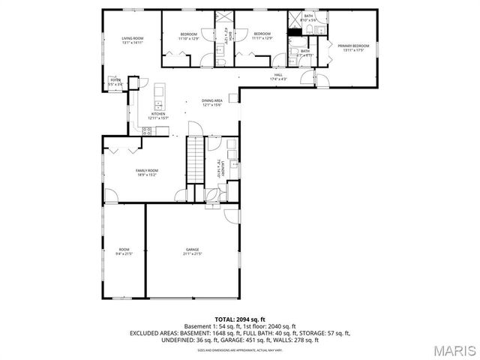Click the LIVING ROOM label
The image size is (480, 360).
tap(133, 40)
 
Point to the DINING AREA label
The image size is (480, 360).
tap(212, 102)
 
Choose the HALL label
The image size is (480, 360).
tap(277, 76)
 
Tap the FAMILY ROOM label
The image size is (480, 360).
tap(146, 172)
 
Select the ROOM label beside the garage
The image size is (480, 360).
tap(124, 250)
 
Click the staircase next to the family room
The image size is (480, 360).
tap(195, 159)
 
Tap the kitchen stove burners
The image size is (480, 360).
tap(148, 130)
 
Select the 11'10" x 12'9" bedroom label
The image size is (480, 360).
tap(188, 35)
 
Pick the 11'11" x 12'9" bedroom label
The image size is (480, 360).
tap(261, 35)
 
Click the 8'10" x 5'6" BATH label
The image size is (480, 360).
tap(308, 17)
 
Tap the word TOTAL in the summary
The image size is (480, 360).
tap(226, 319)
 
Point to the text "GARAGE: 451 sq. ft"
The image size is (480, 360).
tap(227, 340)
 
